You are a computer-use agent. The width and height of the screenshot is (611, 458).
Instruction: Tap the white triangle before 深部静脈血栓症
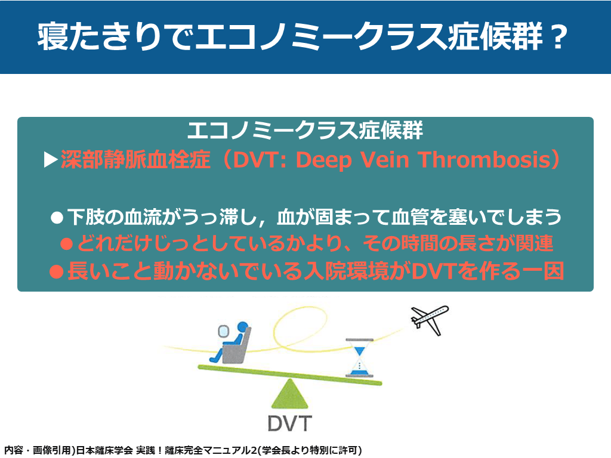coord(51,160)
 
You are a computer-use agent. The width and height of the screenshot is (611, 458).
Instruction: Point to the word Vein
coord(384,160)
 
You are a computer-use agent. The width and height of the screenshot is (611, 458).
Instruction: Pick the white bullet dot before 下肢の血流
coord(57,218)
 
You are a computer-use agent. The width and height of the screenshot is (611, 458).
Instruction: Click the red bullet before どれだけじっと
coord(67,244)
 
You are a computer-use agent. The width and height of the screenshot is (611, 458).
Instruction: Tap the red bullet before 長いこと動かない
coord(57,271)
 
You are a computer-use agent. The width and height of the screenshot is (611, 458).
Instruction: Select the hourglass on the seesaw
coord(359,358)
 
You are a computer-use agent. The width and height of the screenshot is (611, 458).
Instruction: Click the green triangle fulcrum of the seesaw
coord(290,394)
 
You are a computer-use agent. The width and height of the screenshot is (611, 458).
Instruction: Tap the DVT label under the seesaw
coord(290,423)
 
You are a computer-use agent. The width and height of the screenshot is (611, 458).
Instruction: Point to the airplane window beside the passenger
coord(223,332)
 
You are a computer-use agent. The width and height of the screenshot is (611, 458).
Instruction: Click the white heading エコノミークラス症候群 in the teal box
coord(305,130)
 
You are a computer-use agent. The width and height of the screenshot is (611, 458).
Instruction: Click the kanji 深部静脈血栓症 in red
coord(135,160)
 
